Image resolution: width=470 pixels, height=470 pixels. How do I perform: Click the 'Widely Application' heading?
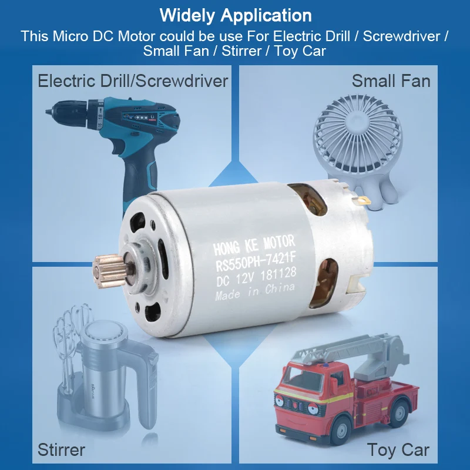click(236, 15)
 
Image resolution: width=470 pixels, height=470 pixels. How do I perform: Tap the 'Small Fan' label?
click(391, 81)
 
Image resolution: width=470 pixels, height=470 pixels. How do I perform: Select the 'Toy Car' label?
click(398, 450)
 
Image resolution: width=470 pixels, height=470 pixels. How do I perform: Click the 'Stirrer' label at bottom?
click(62, 450)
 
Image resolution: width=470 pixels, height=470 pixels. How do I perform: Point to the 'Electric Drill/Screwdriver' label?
click(133, 81)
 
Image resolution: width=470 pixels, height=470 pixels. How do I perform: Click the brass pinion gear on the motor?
click(109, 270)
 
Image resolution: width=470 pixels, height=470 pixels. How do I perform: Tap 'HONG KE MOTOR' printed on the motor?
click(254, 245)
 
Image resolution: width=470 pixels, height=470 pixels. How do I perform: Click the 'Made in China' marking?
click(255, 291)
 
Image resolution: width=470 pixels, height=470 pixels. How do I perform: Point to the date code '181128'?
click(278, 274)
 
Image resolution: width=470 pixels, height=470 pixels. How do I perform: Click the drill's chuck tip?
click(48, 112)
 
